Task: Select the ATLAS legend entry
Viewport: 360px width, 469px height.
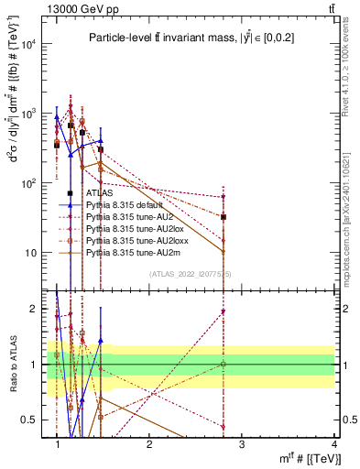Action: [100, 194]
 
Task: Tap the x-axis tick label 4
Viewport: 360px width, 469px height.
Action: [333, 443]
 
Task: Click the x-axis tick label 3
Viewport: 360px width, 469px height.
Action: [241, 443]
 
